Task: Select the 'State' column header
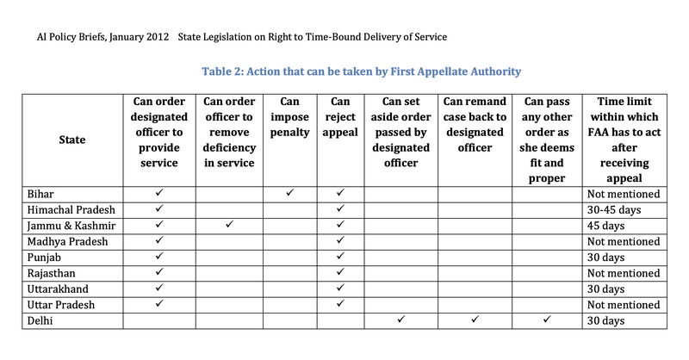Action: point(72,140)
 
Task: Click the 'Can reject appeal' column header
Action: point(339,116)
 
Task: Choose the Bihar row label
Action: point(42,194)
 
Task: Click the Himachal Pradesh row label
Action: point(73,209)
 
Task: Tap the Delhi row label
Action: point(42,321)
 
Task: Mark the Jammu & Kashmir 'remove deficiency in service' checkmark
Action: point(228,225)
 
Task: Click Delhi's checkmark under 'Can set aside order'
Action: point(400,320)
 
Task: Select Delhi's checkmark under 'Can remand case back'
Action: point(475,320)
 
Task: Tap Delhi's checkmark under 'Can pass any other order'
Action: point(547,320)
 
